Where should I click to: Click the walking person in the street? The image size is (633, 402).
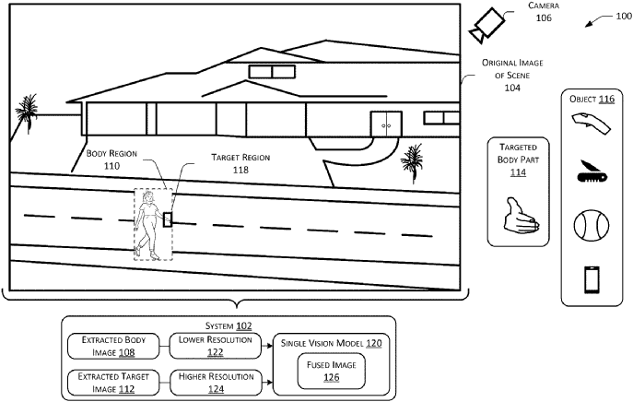click(x=147, y=225)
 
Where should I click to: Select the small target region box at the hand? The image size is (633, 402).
click(x=168, y=219)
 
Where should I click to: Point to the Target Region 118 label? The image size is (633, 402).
click(x=240, y=163)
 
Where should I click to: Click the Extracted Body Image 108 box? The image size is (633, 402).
click(x=114, y=347)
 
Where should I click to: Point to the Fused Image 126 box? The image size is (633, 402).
click(x=329, y=372)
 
